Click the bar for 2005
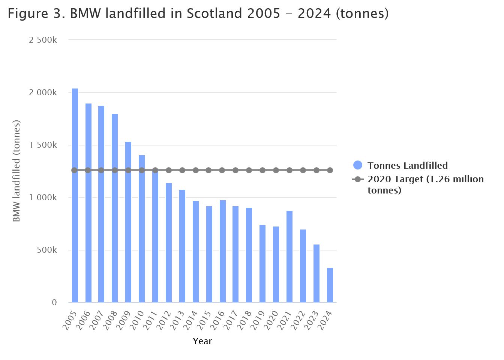[75, 195]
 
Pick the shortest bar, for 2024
[330, 285]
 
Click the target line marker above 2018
[249, 170]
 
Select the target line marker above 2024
[330, 170]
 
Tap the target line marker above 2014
[196, 170]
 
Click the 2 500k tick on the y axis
[43, 40]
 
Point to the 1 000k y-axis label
[43, 198]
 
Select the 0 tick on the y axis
[54, 303]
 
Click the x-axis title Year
[202, 341]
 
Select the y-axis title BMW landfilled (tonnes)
[16, 171]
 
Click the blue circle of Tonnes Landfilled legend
[358, 165]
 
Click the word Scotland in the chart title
[214, 14]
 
